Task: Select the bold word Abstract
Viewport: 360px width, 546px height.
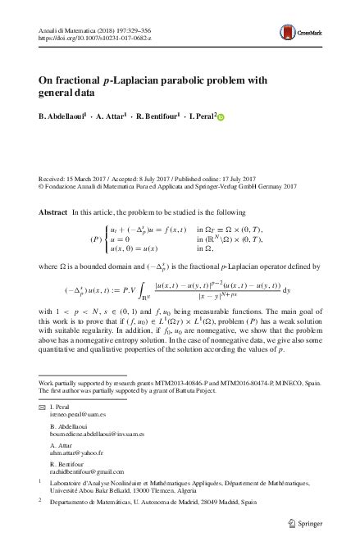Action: [x=53, y=212]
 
